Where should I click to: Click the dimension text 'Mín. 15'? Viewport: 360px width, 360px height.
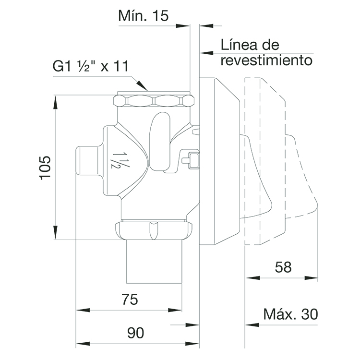pyautogui.click(x=144, y=16)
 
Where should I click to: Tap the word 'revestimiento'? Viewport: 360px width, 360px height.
pyautogui.click(x=267, y=60)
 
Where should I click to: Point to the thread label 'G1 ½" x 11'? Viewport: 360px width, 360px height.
pyautogui.click(x=91, y=66)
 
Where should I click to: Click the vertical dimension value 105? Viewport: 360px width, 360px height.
pyautogui.click(x=45, y=167)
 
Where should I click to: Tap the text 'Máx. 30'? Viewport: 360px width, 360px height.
pyautogui.click(x=290, y=314)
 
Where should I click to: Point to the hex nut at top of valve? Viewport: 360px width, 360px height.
pyautogui.click(x=154, y=101)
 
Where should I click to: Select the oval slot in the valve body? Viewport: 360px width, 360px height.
pyautogui.click(x=160, y=141)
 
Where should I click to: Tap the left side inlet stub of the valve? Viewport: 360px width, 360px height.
pyautogui.click(x=87, y=164)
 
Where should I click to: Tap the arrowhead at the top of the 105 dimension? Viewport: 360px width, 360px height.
pyautogui.click(x=56, y=98)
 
